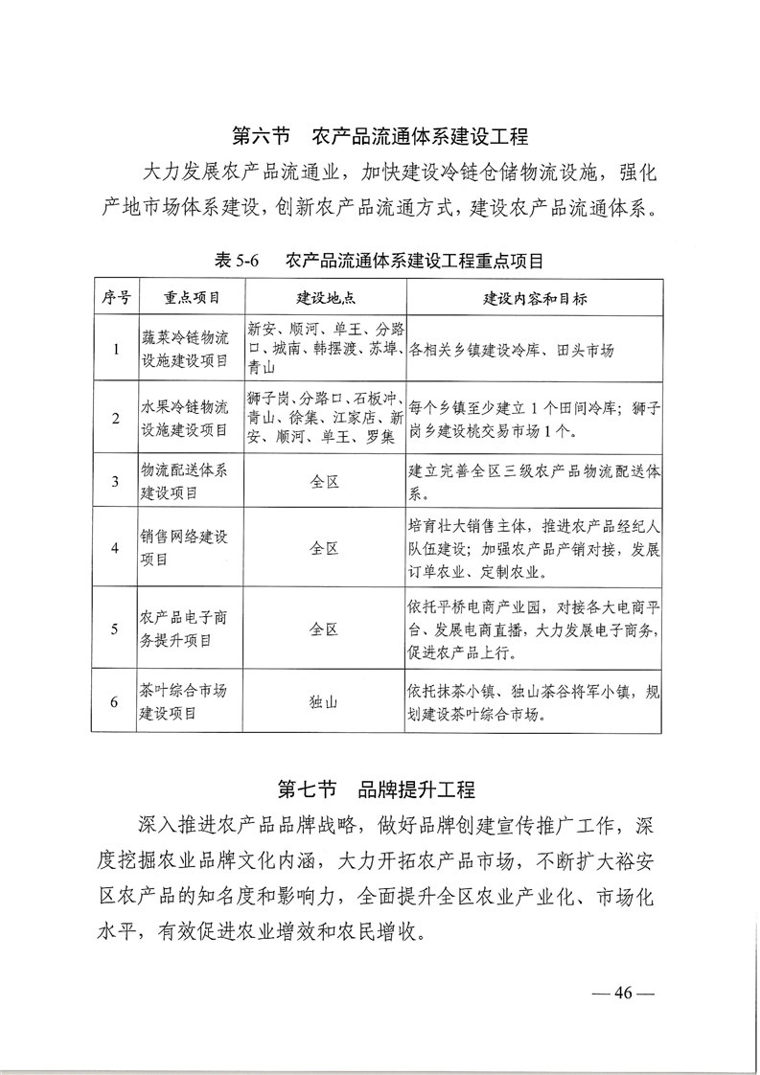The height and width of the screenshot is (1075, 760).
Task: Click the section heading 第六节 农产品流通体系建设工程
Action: coord(380,135)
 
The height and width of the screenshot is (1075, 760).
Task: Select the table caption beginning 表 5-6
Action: coord(380,260)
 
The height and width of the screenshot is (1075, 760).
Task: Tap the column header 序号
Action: coord(116,298)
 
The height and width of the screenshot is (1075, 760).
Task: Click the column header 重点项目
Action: coord(192,298)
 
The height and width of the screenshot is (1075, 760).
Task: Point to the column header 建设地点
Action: coord(325,298)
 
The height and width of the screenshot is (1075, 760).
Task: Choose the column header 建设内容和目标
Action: coord(535,298)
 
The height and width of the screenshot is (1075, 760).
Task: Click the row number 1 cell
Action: coord(116,350)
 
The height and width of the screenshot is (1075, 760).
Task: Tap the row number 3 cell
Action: coord(116,481)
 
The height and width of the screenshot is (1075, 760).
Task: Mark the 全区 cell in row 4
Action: coord(325,549)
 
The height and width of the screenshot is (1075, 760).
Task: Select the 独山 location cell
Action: coord(325,701)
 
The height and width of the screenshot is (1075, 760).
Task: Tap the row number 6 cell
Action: coord(116,701)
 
